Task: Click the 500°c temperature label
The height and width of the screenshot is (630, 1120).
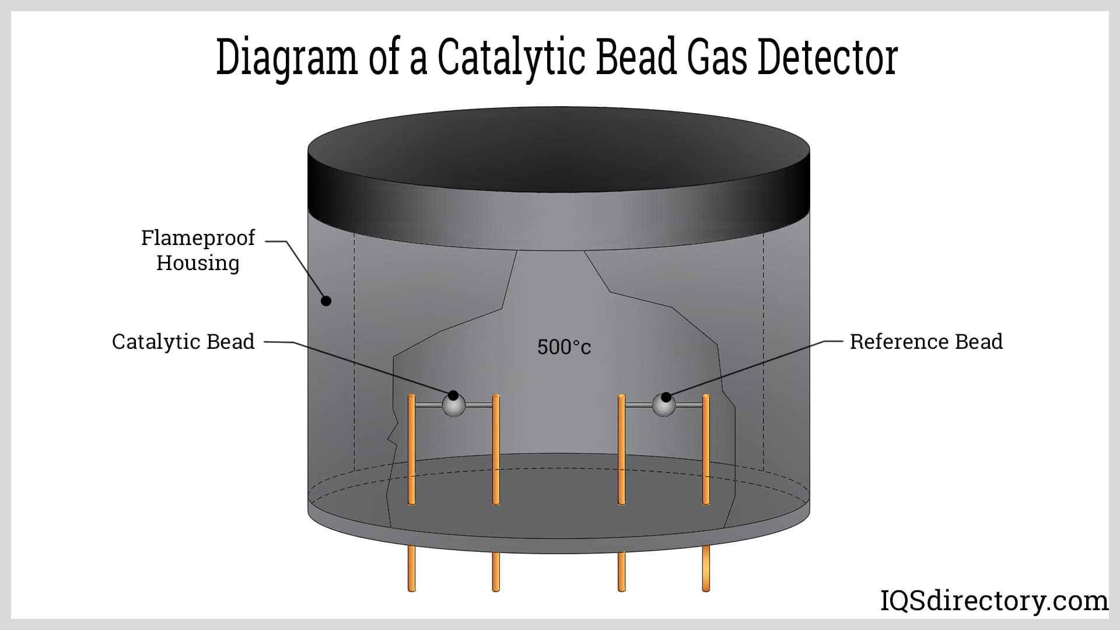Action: coord(563,348)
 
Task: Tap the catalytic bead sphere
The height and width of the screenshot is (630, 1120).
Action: coord(454,405)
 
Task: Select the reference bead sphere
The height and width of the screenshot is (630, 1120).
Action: coord(663,405)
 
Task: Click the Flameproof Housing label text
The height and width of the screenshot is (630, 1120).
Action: coord(198,250)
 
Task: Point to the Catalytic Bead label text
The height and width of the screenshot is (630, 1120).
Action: coord(183,342)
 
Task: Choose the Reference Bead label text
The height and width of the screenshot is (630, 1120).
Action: coord(926,342)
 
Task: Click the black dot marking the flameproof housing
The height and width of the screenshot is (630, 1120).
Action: coord(327,301)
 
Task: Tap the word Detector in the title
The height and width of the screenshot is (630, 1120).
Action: coord(827,58)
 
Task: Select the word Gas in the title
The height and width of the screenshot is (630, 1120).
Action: coord(716,58)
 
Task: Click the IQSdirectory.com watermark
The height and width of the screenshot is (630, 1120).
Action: coord(994,601)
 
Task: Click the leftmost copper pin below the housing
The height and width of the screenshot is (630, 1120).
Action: coord(411,569)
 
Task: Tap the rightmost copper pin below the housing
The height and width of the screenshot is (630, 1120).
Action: coord(706,569)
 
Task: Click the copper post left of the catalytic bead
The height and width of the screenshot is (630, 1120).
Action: coord(411,449)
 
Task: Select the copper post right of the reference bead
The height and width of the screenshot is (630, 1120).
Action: coord(706,449)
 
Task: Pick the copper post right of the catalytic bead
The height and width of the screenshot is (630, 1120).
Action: coord(496,449)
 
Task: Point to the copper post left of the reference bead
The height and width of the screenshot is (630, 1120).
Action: coord(621,449)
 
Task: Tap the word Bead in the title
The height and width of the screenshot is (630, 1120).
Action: coord(636,58)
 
